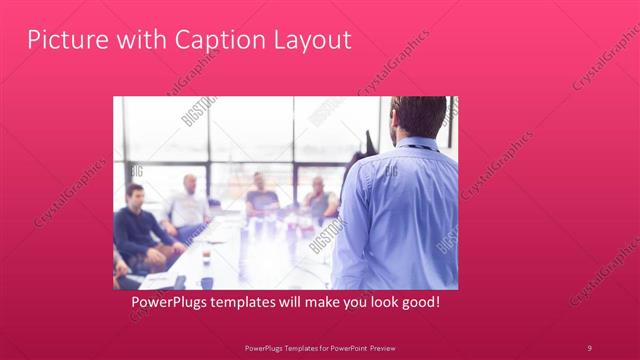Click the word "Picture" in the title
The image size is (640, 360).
pos(63,40)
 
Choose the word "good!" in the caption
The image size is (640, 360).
pos(419,300)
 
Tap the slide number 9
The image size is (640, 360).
pos(589,347)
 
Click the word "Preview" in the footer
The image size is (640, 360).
pos(377,347)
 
